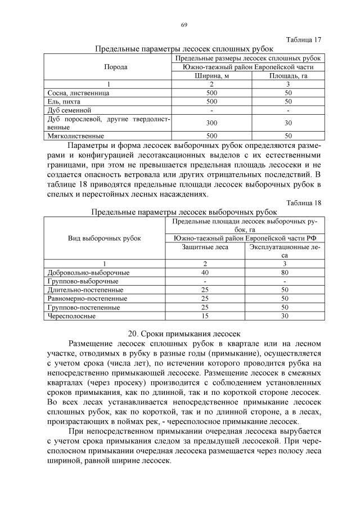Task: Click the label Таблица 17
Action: [x=304, y=40]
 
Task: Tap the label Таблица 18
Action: [x=304, y=203]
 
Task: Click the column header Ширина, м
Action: [x=211, y=75]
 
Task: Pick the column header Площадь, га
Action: [x=287, y=75]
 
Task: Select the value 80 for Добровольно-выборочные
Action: [x=285, y=272]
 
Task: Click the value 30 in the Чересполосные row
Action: [x=285, y=316]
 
